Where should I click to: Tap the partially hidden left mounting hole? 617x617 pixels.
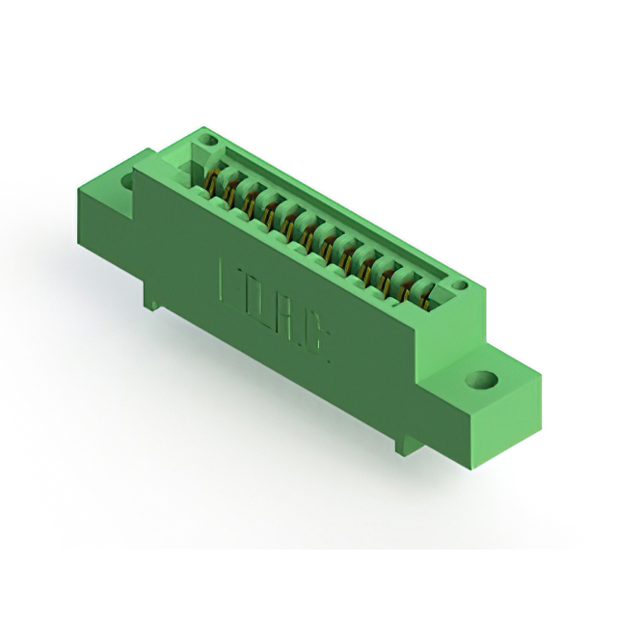coord(127,180)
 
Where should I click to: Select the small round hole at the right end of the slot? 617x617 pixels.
coord(460,286)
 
